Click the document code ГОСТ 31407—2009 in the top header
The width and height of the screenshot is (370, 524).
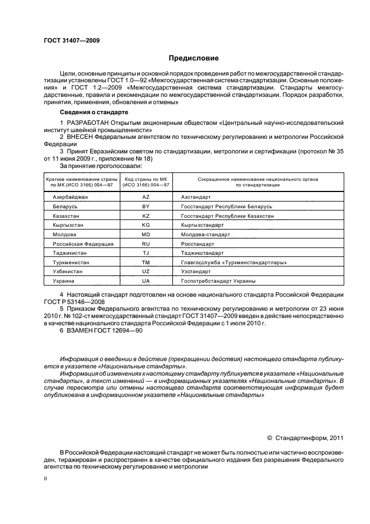(x=72, y=40)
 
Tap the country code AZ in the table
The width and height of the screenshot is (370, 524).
(x=146, y=198)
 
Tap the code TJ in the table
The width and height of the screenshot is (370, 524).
(x=146, y=253)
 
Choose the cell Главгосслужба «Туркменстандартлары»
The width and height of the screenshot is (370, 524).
(x=234, y=263)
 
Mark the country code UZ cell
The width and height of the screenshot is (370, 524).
(x=146, y=272)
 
